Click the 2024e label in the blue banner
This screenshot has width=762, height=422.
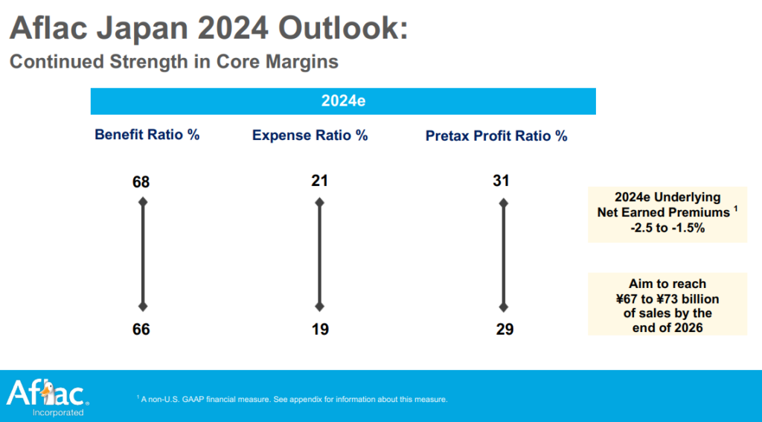click(x=342, y=101)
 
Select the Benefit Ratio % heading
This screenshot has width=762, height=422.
click(x=147, y=135)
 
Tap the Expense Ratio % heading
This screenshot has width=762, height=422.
click(x=310, y=135)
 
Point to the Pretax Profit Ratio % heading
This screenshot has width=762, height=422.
click(x=496, y=136)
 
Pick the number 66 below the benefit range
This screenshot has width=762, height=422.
click(x=141, y=329)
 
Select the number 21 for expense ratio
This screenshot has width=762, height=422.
click(x=320, y=181)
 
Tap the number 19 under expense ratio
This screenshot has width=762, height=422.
click(x=320, y=329)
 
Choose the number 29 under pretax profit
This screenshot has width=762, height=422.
click(x=504, y=329)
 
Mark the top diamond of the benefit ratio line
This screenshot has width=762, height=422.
click(x=142, y=202)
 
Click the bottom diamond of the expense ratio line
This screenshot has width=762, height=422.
click(x=320, y=307)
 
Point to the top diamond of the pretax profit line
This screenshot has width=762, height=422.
click(x=504, y=202)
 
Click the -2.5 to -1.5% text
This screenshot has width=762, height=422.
click(x=667, y=228)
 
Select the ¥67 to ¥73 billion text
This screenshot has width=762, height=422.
click(x=667, y=298)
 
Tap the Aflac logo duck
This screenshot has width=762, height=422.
click(x=47, y=392)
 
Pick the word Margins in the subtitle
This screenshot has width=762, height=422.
click(x=304, y=62)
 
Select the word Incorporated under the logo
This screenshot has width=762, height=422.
click(x=57, y=412)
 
